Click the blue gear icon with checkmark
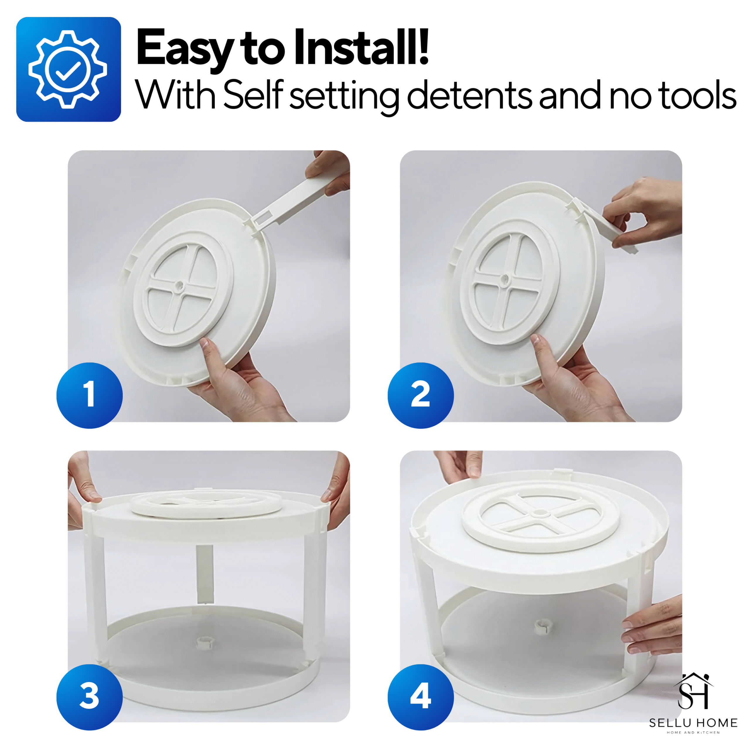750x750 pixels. point(68,69)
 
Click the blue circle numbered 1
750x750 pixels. point(90,395)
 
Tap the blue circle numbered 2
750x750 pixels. point(421,395)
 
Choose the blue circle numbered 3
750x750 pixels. point(90,697)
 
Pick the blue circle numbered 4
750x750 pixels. point(421,697)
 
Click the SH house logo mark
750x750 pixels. point(693,692)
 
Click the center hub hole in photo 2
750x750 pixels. point(505,279)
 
